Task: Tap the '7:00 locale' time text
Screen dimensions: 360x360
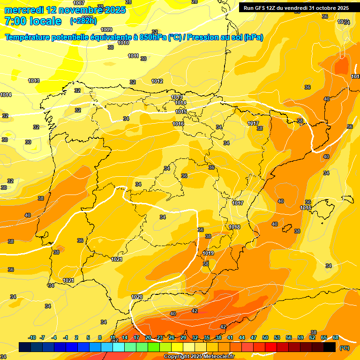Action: [33, 21]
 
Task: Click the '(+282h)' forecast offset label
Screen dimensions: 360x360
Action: [83, 21]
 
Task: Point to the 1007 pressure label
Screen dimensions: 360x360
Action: [79, 3]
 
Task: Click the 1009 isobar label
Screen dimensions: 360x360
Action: [106, 30]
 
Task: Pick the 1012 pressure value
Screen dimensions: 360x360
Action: [157, 81]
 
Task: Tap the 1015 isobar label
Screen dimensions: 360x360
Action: [181, 112]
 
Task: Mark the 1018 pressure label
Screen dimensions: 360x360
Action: [234, 227]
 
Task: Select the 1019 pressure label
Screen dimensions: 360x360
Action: [208, 253]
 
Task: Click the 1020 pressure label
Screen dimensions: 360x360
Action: [137, 297]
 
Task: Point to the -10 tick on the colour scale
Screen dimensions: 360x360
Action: [32, 337]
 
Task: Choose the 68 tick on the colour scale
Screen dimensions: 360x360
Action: [336, 337]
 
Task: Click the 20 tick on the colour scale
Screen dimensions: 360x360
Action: [148, 337]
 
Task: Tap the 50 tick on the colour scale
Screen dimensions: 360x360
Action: [265, 337]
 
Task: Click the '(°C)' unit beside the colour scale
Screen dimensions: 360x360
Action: [345, 348]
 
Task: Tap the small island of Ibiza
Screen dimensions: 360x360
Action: [286, 228]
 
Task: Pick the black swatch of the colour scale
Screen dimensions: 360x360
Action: [330, 347]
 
